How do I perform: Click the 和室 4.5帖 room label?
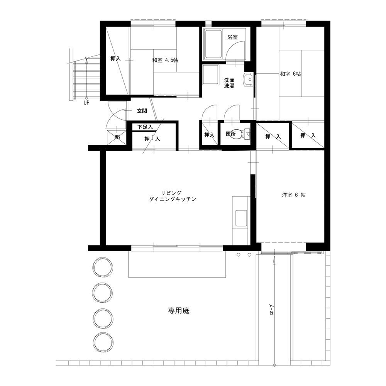[x=165, y=60]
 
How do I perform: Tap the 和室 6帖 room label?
[x=290, y=74]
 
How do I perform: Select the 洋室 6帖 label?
[x=294, y=195]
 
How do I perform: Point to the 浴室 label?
[x=233, y=37]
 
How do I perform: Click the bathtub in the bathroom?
[x=213, y=44]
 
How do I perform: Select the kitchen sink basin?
[x=241, y=218]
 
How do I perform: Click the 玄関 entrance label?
[x=142, y=111]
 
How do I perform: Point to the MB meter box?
[x=117, y=137]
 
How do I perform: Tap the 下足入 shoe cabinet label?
[x=145, y=127]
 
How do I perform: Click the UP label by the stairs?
[x=86, y=103]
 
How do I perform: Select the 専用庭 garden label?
[x=179, y=310]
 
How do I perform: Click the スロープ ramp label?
[x=272, y=310]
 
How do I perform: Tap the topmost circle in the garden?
[x=103, y=267]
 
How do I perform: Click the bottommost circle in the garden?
[x=103, y=342]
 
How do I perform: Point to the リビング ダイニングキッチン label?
[x=172, y=196]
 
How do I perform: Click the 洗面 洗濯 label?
[x=229, y=83]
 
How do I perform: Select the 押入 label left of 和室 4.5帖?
[x=115, y=59]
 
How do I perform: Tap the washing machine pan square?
[x=211, y=75]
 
